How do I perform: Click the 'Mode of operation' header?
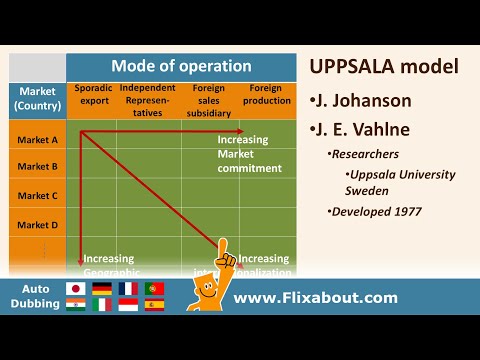point(181,66)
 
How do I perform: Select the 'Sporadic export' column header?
point(93,95)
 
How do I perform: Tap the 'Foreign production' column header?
point(266,95)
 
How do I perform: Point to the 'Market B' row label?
point(37,167)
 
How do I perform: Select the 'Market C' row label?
point(37,196)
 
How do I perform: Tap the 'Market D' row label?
point(37,225)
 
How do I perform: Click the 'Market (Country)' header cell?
point(37,99)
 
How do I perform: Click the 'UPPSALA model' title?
point(384,67)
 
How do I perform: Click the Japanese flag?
point(74,289)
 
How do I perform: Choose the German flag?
point(101,289)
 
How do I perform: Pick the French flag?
point(128,289)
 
